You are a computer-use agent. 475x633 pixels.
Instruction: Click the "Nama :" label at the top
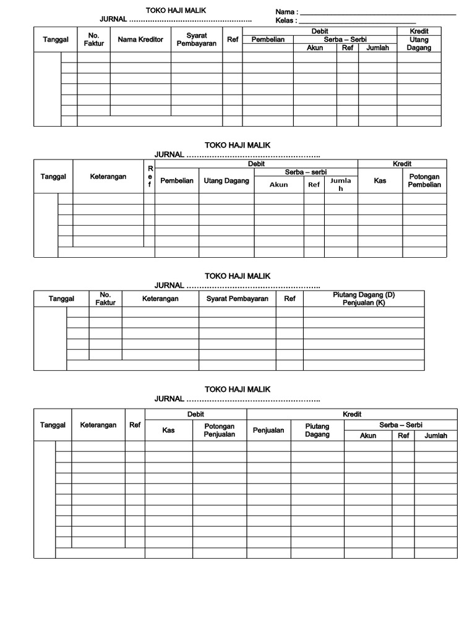pyautogui.click(x=286, y=12)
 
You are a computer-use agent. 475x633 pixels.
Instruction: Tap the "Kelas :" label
pyautogui.click(x=286, y=20)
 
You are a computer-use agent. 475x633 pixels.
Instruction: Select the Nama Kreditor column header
pyautogui.click(x=140, y=40)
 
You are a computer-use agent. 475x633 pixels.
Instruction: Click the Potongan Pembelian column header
pyautogui.click(x=424, y=181)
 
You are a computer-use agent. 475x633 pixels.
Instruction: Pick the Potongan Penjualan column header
pyautogui.click(x=219, y=430)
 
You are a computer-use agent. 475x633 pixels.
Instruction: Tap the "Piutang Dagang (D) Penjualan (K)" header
pyautogui.click(x=364, y=299)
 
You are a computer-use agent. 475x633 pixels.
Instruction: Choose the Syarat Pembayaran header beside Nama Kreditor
pyautogui.click(x=197, y=40)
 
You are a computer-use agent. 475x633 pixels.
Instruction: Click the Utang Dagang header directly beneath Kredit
pyautogui.click(x=419, y=44)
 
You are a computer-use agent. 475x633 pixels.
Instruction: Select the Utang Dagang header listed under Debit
pyautogui.click(x=226, y=181)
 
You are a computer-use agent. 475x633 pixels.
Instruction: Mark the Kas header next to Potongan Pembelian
pyautogui.click(x=380, y=181)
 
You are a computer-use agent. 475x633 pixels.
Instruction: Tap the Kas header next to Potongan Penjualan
pyautogui.click(x=168, y=430)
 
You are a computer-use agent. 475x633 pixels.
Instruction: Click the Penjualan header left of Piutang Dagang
pyautogui.click(x=268, y=430)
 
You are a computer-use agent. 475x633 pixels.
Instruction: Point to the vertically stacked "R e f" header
pyautogui.click(x=149, y=176)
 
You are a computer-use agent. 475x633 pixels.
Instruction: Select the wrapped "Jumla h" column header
pyautogui.click(x=340, y=184)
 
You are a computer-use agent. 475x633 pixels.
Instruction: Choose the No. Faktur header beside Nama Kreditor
pyautogui.click(x=94, y=40)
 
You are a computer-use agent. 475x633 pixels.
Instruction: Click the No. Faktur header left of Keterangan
pyautogui.click(x=105, y=299)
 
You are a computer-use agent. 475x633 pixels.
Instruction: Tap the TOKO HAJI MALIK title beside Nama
pyautogui.click(x=176, y=11)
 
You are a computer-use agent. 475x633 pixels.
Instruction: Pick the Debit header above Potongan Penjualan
pyautogui.click(x=195, y=414)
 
